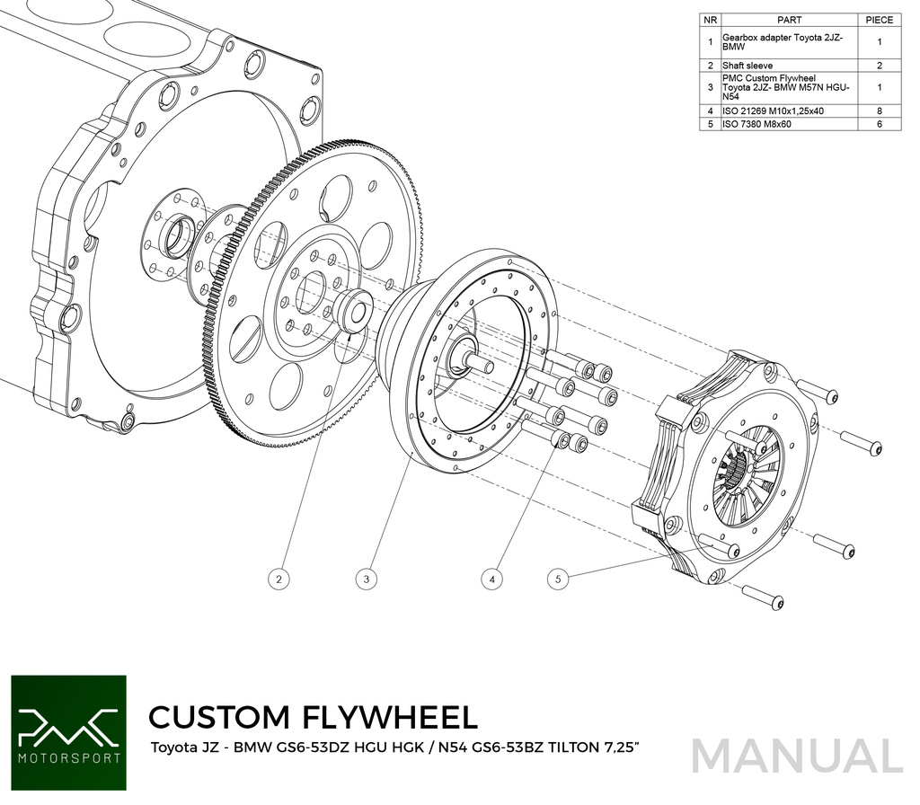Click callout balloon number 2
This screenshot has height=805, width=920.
281,579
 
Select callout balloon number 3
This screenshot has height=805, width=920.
366,579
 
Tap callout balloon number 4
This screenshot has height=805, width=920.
492,579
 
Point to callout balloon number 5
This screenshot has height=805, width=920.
558,579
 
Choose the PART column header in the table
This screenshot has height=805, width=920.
789,19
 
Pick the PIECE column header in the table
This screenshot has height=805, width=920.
879,19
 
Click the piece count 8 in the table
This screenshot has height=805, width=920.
879,111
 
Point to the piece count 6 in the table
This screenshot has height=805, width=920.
879,124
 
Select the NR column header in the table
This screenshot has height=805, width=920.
710,19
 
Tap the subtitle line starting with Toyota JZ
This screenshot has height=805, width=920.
396,747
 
